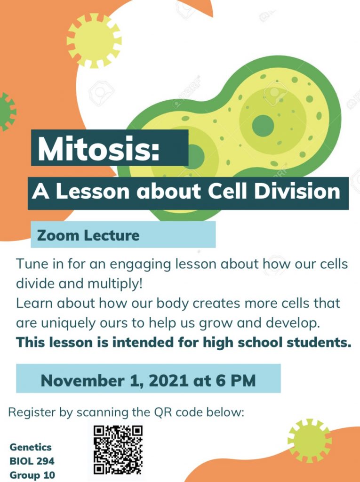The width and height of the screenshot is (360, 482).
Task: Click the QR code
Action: tap(118, 450)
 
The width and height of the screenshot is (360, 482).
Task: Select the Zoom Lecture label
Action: tap(88, 235)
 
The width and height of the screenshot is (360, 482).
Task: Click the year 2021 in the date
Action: tap(168, 380)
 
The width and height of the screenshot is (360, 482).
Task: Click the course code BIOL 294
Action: tap(32, 461)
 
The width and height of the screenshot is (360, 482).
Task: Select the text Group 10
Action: tap(32, 475)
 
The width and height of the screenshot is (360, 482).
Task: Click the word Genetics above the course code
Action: tap(31, 447)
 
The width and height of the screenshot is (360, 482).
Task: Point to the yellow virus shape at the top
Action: tap(94, 41)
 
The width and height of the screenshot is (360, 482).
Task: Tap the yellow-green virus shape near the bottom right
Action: tap(310, 441)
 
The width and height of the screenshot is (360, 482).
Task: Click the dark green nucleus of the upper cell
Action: tap(263, 126)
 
